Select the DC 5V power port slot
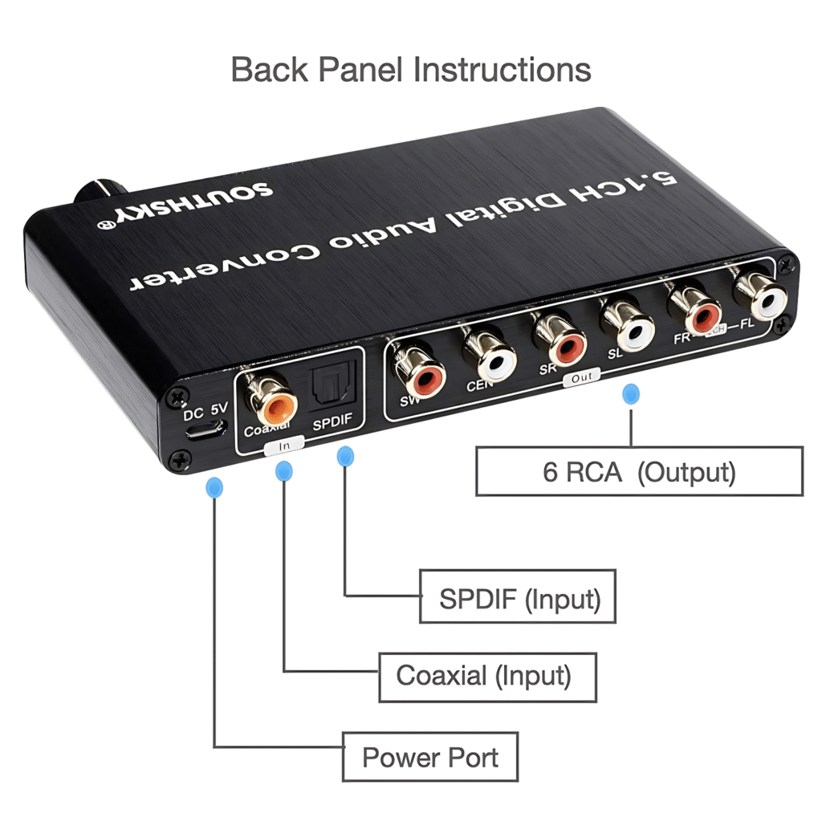tap(205, 430)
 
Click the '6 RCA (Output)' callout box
tap(639, 471)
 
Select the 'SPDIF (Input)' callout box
tap(519, 596)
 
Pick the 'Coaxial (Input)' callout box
tap(487, 676)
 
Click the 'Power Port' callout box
tap(429, 756)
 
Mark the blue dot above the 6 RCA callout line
tap(632, 394)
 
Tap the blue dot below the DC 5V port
tap(214, 486)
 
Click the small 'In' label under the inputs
tap(284, 442)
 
